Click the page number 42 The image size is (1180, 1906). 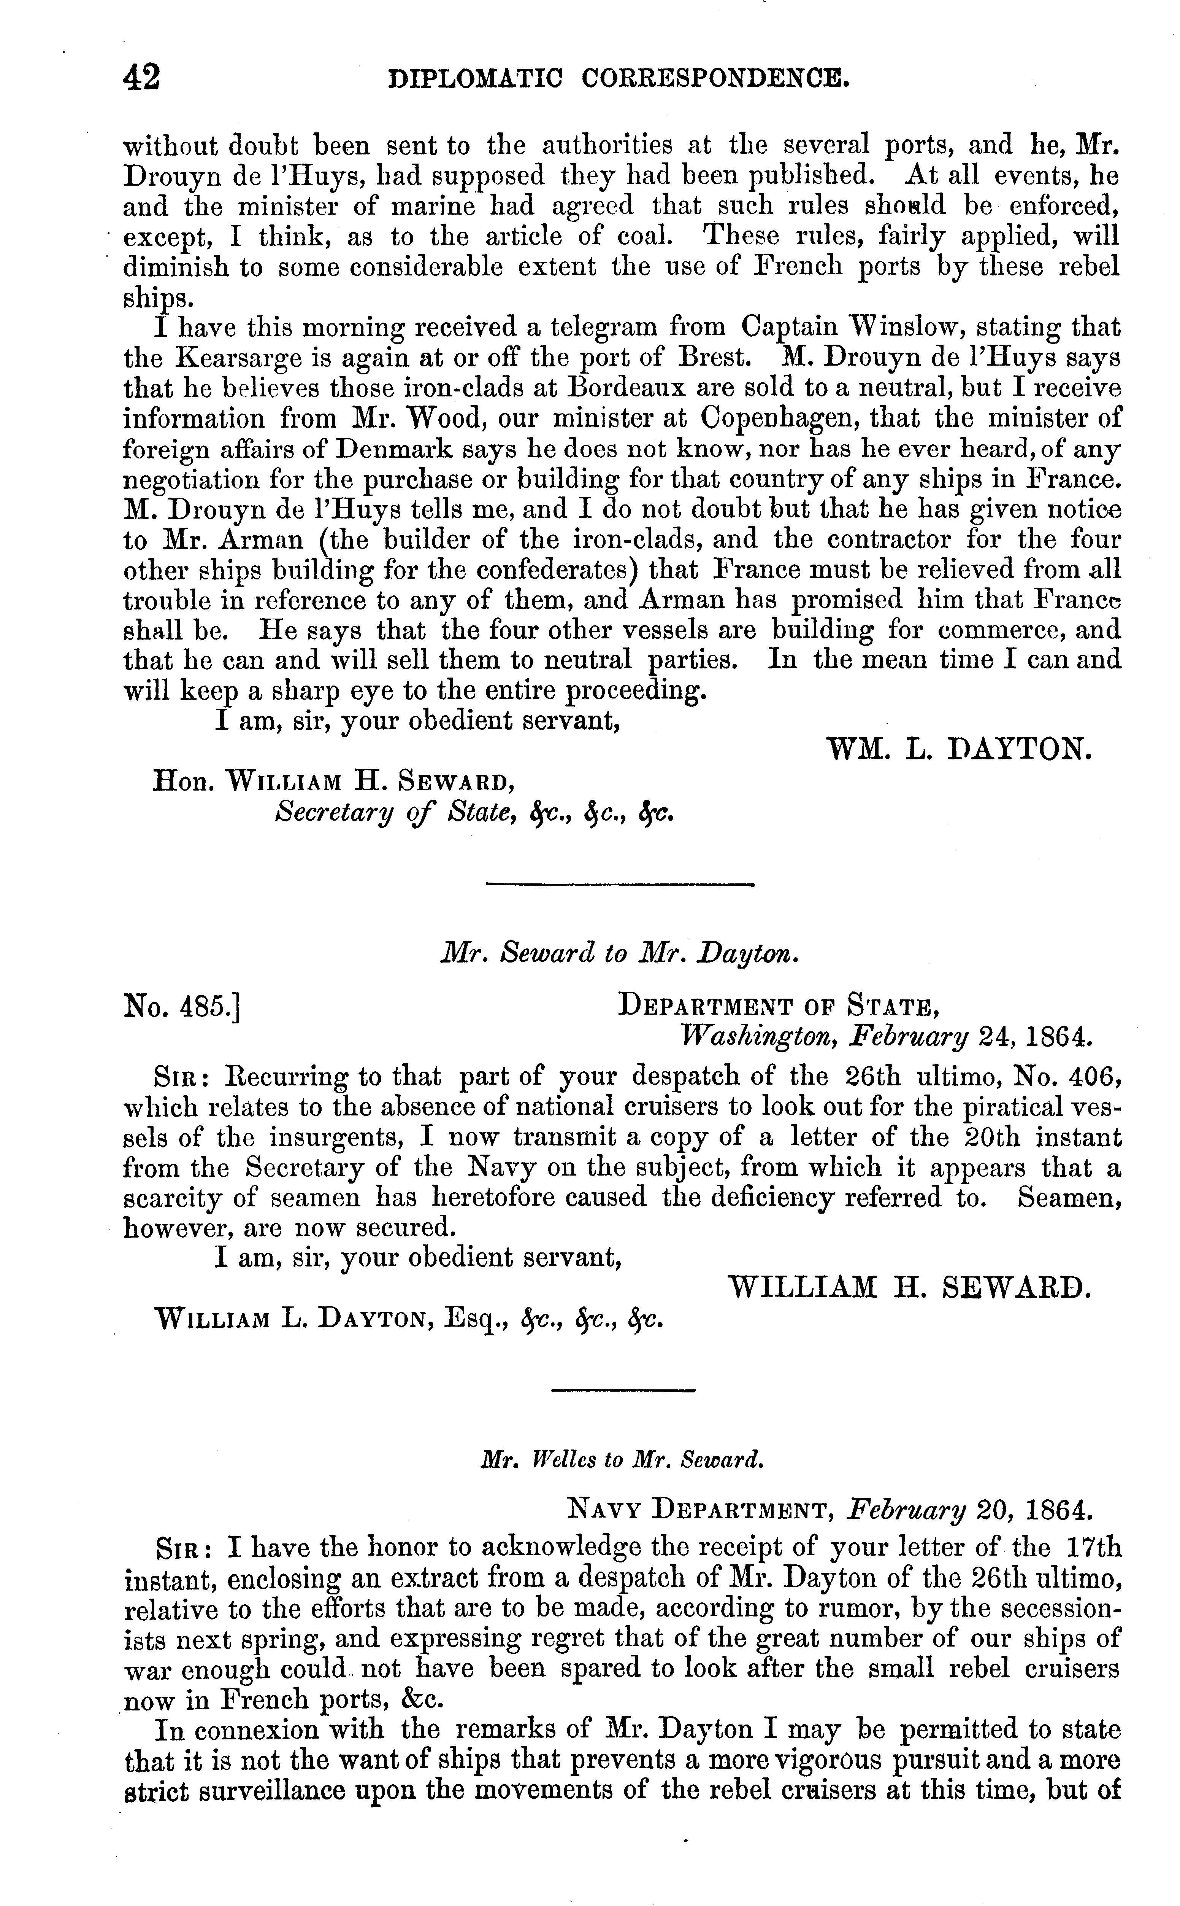[x=141, y=79]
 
